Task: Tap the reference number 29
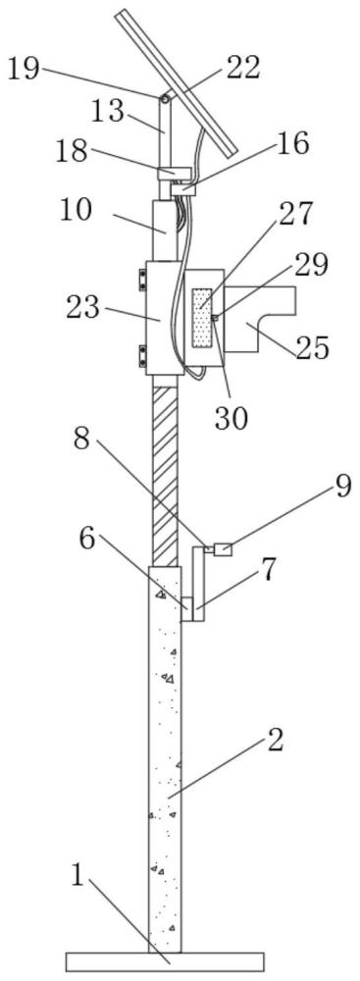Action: tap(307, 267)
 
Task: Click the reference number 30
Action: tap(231, 418)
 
